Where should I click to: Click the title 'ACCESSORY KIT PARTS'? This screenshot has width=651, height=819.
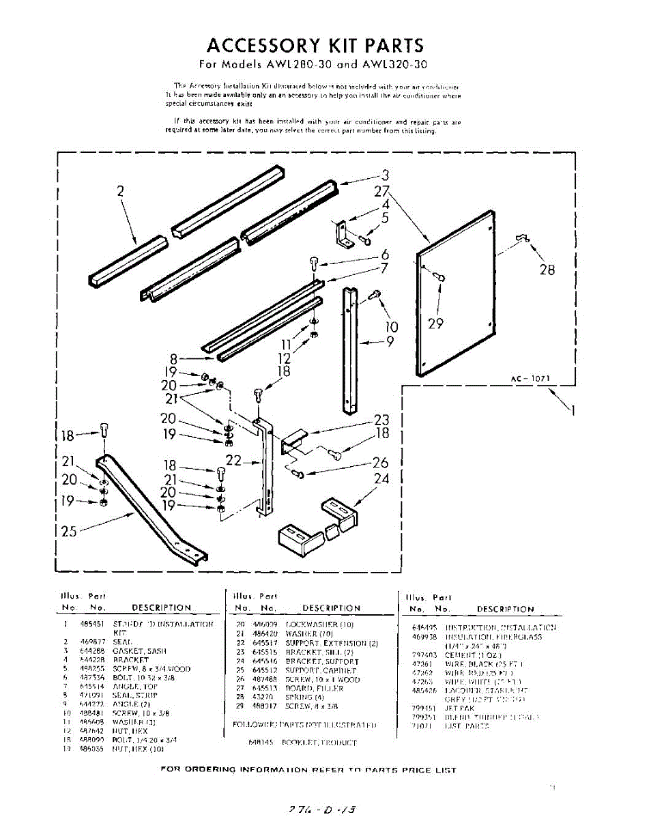pyautogui.click(x=315, y=46)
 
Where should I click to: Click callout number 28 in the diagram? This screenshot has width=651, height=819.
pyautogui.click(x=547, y=270)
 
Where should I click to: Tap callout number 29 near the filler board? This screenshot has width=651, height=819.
pyautogui.click(x=435, y=323)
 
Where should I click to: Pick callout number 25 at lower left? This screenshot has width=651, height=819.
pyautogui.click(x=69, y=530)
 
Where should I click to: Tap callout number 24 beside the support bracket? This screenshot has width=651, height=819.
pyautogui.click(x=381, y=479)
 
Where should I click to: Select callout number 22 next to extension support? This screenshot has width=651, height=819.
pyautogui.click(x=233, y=461)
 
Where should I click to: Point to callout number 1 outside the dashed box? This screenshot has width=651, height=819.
pyautogui.click(x=573, y=411)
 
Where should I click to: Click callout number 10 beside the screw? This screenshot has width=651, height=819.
pyautogui.click(x=392, y=328)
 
